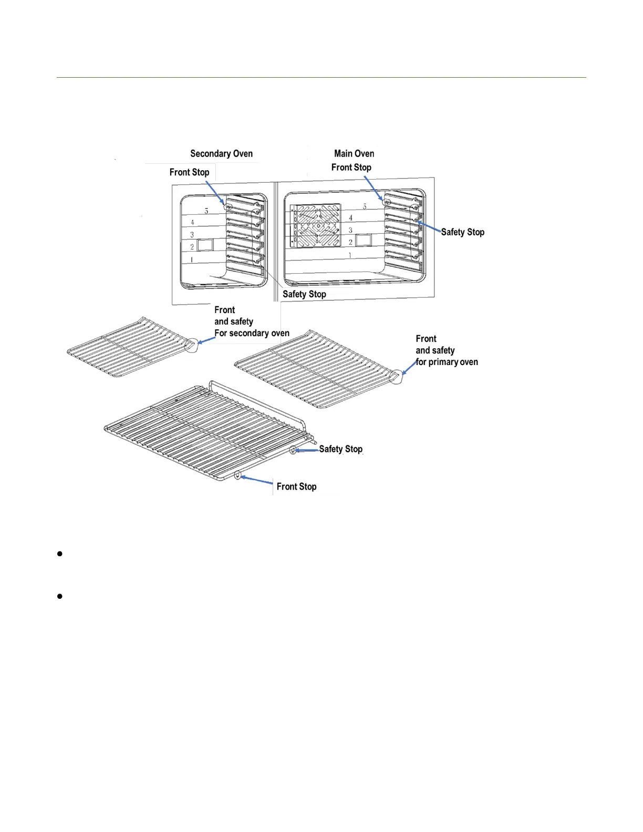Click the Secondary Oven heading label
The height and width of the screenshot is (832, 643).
[221, 153]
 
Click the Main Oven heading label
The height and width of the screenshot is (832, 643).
[354, 153]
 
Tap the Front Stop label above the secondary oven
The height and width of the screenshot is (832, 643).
[189, 172]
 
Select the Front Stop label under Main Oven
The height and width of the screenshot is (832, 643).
[351, 167]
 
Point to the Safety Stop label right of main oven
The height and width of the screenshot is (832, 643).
[462, 232]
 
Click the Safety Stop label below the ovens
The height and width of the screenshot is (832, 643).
[304, 294]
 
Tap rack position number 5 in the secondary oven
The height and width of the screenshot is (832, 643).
[206, 211]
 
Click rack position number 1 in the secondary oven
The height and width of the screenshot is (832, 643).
[192, 259]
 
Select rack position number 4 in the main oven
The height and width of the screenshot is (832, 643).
[350, 217]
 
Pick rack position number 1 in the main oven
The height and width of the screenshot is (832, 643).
[350, 255]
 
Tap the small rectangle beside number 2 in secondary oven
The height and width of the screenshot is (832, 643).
[205, 244]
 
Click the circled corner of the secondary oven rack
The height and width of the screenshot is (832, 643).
[192, 345]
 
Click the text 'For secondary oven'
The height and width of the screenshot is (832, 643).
[252, 333]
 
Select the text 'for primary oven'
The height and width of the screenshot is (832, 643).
[447, 362]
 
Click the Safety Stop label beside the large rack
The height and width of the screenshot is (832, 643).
[340, 449]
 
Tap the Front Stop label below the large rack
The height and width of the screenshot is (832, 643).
[296, 486]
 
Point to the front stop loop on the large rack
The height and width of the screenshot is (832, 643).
[238, 476]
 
